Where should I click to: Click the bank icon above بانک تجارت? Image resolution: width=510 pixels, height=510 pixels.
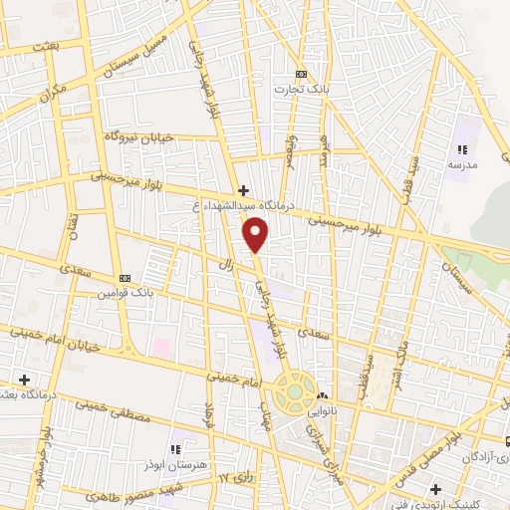302,74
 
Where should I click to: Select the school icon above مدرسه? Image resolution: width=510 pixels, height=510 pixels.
460,149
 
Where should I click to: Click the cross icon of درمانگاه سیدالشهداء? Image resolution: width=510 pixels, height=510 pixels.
242,189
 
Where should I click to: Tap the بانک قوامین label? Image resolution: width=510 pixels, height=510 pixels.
127,293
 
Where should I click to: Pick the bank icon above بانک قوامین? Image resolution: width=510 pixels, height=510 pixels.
124,278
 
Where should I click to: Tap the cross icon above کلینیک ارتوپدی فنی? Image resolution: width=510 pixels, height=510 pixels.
434,489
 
